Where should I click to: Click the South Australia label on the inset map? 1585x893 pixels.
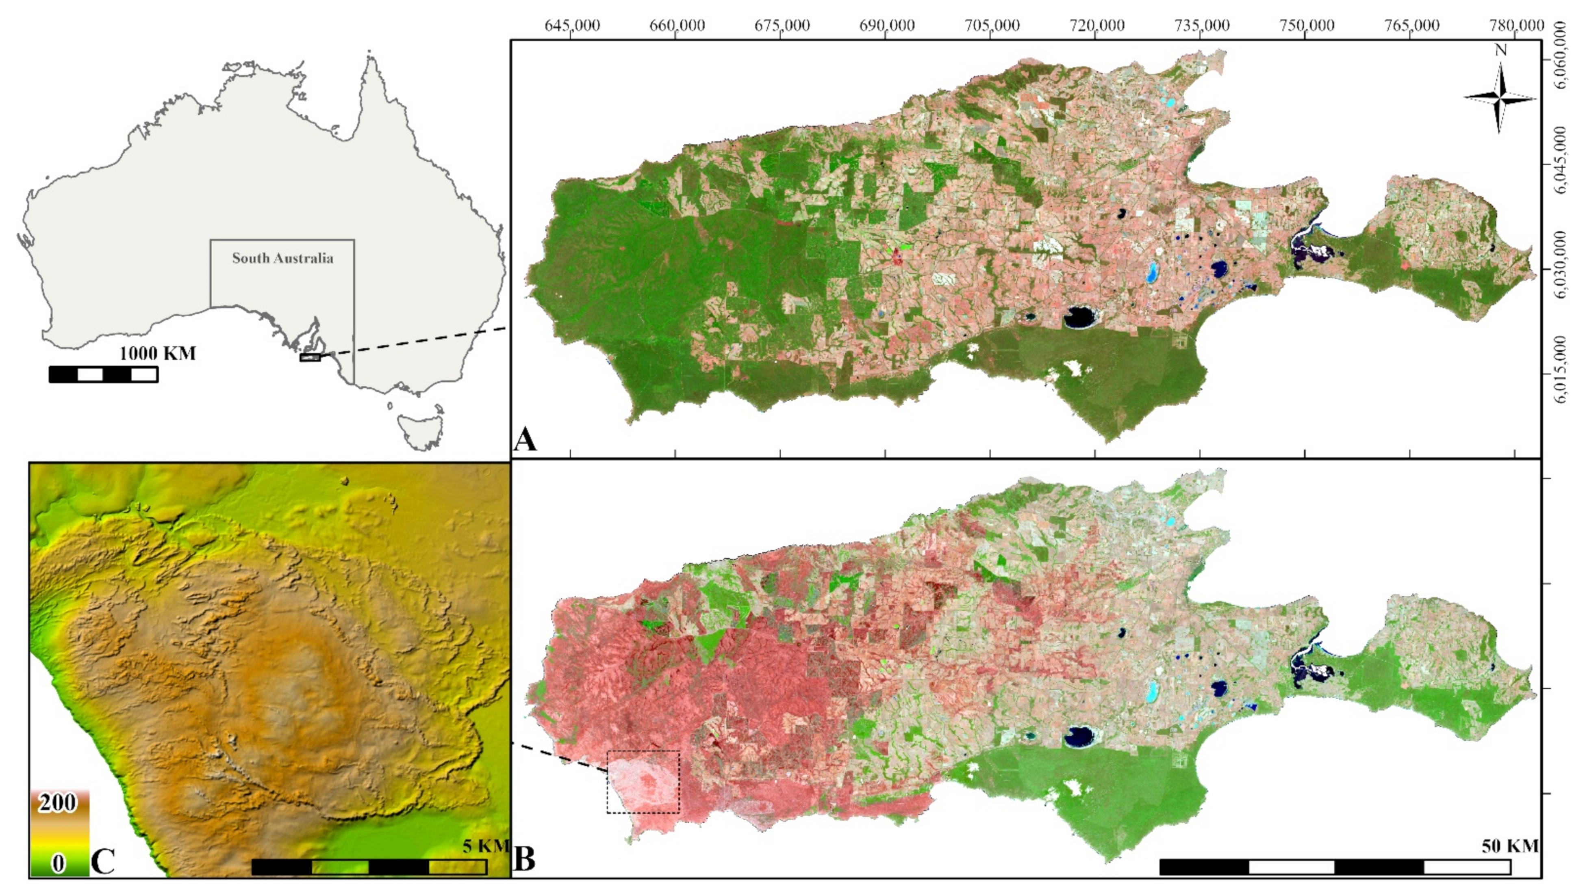[x=282, y=258]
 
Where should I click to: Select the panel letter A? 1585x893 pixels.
[x=525, y=440]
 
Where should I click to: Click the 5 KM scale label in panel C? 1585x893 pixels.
[x=485, y=846]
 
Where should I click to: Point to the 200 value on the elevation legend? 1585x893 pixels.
[x=57, y=802]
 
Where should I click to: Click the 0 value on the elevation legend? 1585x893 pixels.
[x=58, y=863]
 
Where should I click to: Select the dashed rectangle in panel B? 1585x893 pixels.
[x=643, y=782]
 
